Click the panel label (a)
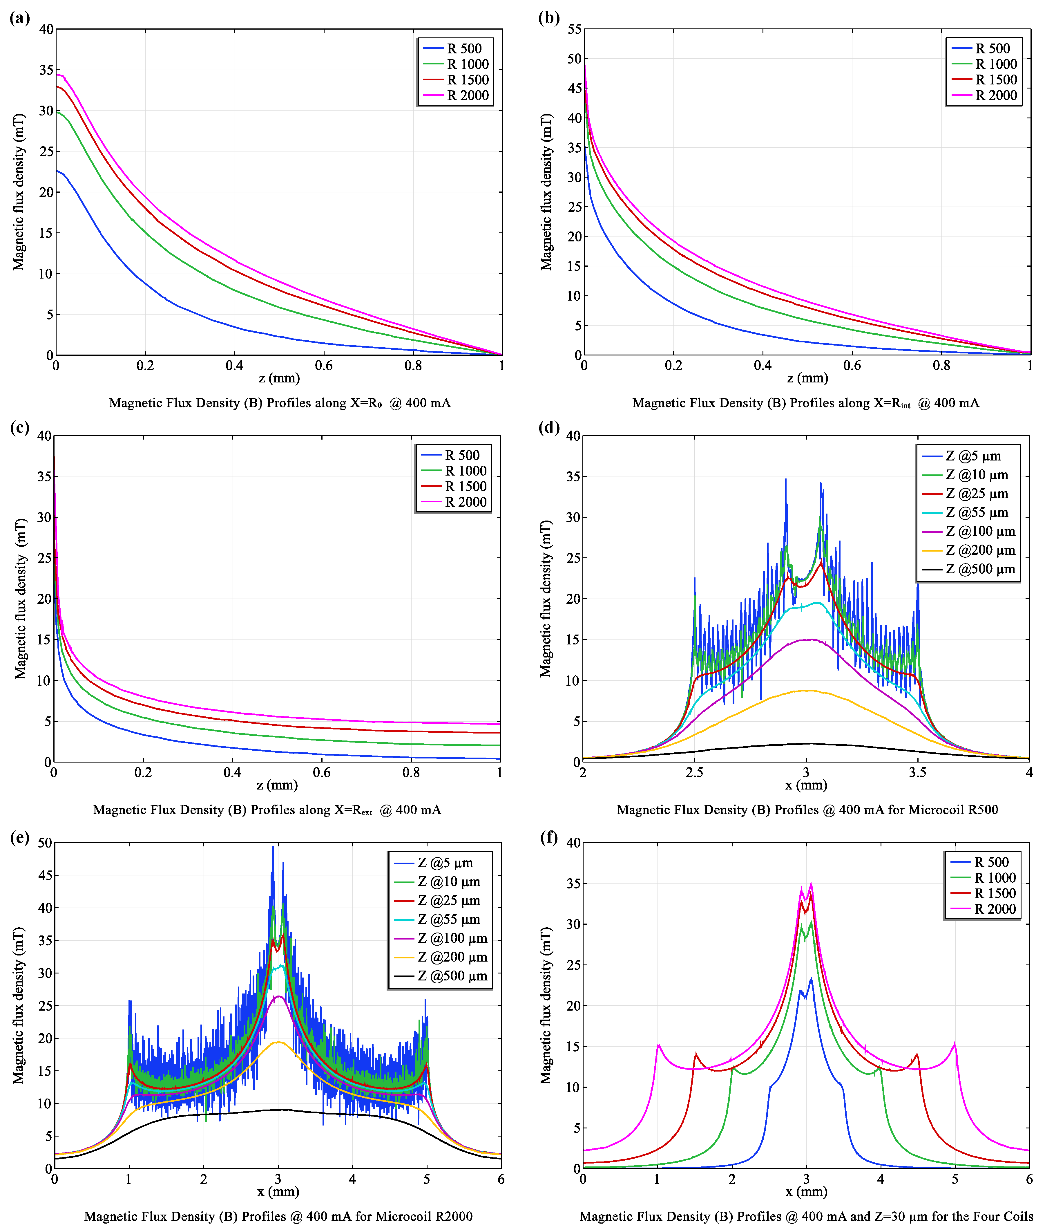click(x=19, y=18)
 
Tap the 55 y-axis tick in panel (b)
click(x=574, y=29)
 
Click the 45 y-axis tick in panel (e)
click(x=45, y=875)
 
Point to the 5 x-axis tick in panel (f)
click(x=955, y=1179)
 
